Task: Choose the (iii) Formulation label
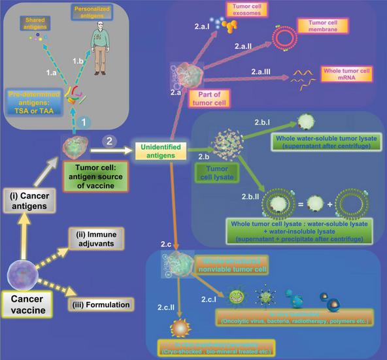[x=101, y=304]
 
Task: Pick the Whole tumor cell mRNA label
[x=348, y=73]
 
